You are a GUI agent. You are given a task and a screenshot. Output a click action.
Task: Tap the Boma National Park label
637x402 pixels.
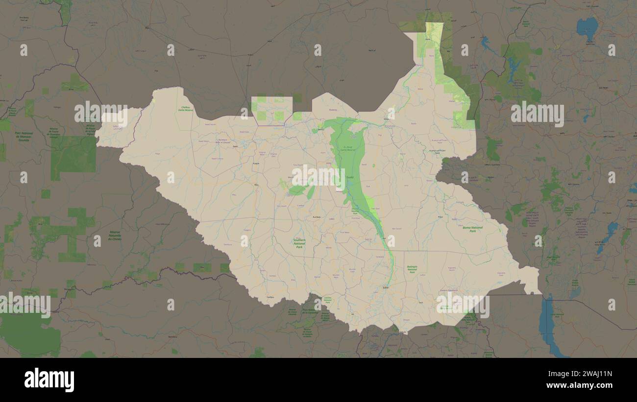472,229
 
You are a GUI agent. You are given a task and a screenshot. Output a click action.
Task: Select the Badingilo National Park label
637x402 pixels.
412,269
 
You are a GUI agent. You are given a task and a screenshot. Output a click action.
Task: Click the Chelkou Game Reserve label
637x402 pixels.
186,108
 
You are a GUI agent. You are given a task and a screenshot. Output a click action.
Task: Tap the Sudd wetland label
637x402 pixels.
349,177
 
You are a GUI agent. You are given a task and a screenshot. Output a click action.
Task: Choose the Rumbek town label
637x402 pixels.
317,216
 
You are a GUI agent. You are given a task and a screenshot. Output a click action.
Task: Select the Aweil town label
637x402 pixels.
235,146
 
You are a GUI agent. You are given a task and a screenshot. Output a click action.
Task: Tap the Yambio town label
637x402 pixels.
269,297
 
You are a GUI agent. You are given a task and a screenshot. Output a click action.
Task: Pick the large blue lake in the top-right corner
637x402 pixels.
587,27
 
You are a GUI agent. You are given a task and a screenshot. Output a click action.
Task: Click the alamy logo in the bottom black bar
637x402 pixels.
49,380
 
